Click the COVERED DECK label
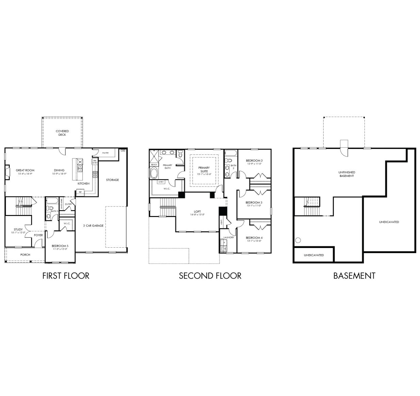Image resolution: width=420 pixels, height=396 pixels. (62, 133)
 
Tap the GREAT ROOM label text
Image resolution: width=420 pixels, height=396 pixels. (25, 170)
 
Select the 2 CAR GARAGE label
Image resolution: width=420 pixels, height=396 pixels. (93, 226)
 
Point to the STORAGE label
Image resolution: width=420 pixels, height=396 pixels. (112, 180)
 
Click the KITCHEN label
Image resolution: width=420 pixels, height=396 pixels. (83, 184)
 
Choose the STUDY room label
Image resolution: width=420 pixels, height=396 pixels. (18, 230)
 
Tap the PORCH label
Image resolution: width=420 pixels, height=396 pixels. (25, 254)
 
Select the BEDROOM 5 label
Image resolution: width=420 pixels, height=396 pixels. (60, 246)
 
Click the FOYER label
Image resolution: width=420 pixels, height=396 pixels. (38, 235)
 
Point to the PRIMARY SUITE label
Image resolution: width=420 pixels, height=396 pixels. (204, 169)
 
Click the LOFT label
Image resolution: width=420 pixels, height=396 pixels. (197, 212)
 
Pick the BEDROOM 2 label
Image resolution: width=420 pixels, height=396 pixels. (254, 161)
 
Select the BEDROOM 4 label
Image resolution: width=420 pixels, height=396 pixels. (254, 238)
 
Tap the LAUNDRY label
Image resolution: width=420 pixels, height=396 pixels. (229, 237)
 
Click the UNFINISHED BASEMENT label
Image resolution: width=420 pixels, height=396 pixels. (346, 174)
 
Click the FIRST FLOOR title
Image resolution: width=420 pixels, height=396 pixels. (66, 276)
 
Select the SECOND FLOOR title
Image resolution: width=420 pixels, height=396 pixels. (210, 276)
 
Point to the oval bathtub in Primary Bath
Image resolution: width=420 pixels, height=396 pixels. (154, 173)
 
